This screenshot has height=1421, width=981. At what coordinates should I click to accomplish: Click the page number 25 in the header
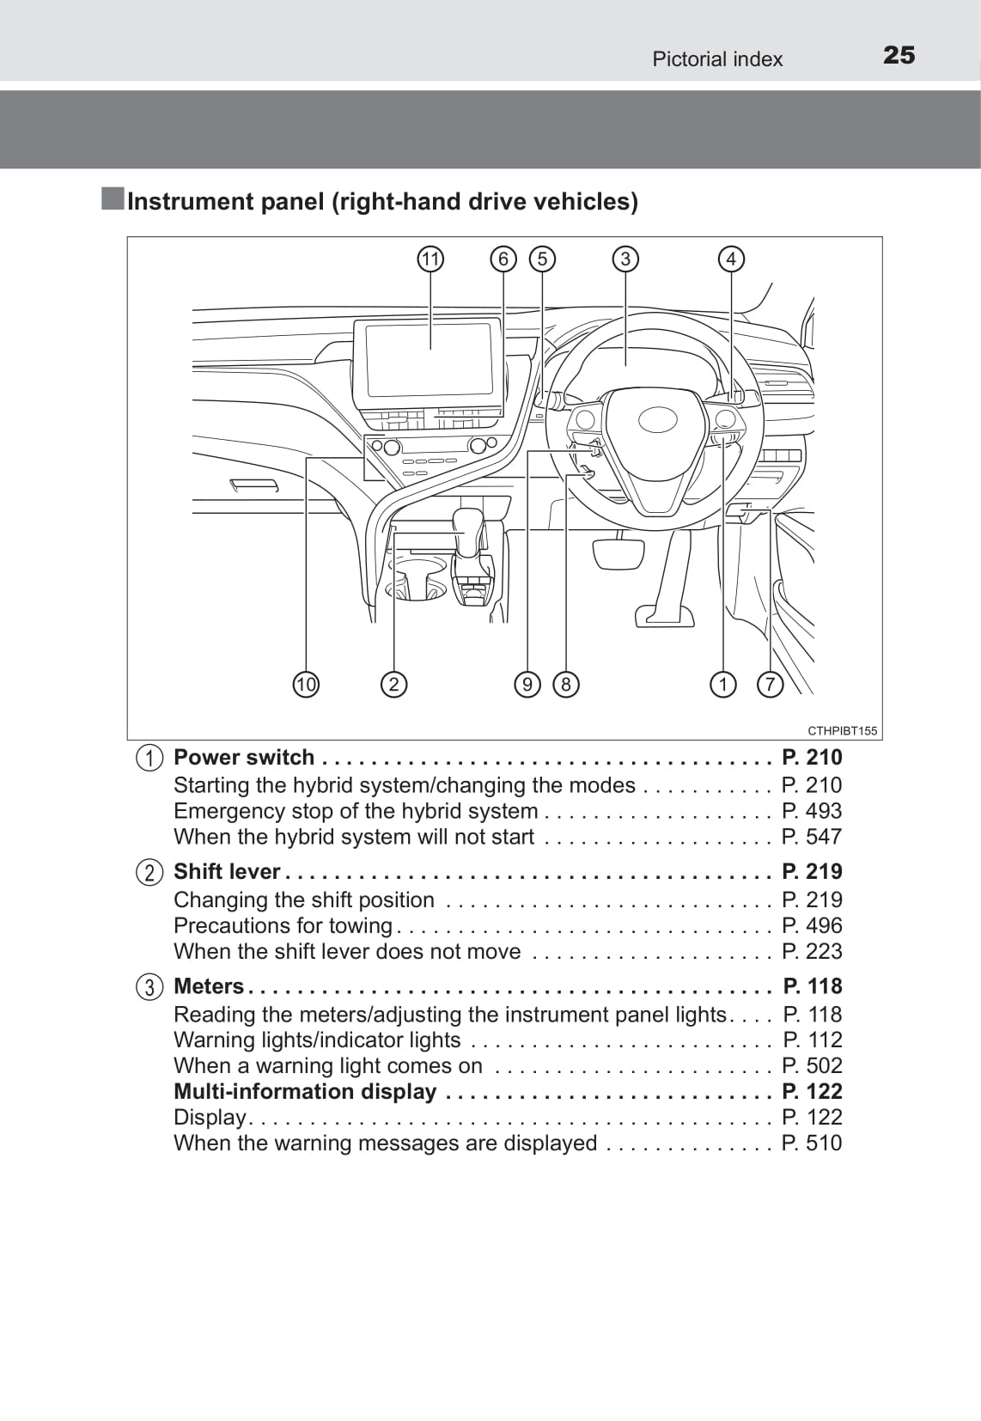tap(899, 55)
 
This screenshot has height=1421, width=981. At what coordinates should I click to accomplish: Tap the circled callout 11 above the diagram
tap(430, 259)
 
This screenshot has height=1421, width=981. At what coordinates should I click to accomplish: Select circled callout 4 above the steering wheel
tap(731, 259)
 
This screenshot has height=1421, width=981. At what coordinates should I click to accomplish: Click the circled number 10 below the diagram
tap(306, 685)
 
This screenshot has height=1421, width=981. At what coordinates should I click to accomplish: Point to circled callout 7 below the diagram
tap(770, 685)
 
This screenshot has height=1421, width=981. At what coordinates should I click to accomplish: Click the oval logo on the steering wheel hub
tap(658, 420)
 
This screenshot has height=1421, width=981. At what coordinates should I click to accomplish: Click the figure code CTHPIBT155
tap(842, 731)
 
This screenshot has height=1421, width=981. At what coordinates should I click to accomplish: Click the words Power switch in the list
tap(244, 758)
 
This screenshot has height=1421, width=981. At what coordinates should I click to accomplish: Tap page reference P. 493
tap(812, 811)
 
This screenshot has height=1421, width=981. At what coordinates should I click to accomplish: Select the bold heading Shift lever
tap(227, 872)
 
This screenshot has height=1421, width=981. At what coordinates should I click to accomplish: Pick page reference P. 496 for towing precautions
tap(812, 925)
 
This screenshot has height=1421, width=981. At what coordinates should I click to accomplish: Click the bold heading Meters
tap(209, 986)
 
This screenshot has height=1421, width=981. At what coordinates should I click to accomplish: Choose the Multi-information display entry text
tap(305, 1091)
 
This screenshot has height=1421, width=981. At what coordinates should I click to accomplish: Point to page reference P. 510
tap(812, 1143)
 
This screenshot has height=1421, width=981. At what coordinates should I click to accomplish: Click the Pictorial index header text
tap(717, 59)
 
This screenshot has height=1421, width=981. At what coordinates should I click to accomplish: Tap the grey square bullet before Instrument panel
tap(113, 198)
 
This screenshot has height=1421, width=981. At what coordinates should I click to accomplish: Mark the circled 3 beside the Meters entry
tap(149, 987)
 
